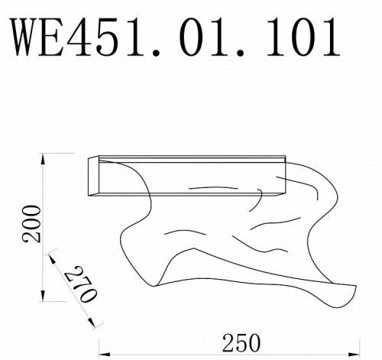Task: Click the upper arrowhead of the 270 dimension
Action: pos(50,253)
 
